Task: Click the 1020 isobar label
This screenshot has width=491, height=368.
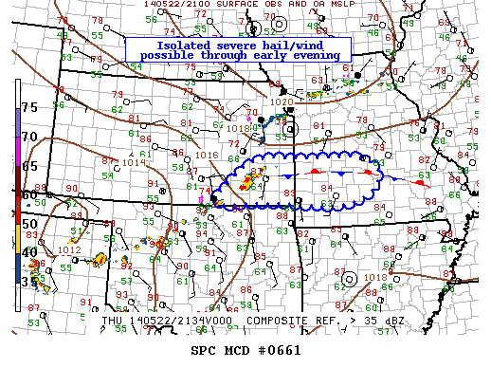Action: pyautogui.click(x=282, y=101)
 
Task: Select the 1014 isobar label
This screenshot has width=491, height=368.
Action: pyautogui.click(x=134, y=162)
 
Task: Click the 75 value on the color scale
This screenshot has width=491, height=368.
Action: pyautogui.click(x=29, y=107)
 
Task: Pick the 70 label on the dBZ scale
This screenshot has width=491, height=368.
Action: pyautogui.click(x=29, y=137)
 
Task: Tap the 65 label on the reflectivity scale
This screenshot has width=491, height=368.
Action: pyautogui.click(x=29, y=165)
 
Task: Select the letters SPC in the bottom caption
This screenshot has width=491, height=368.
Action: pyautogui.click(x=205, y=350)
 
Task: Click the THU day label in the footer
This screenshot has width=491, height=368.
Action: pyautogui.click(x=112, y=322)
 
